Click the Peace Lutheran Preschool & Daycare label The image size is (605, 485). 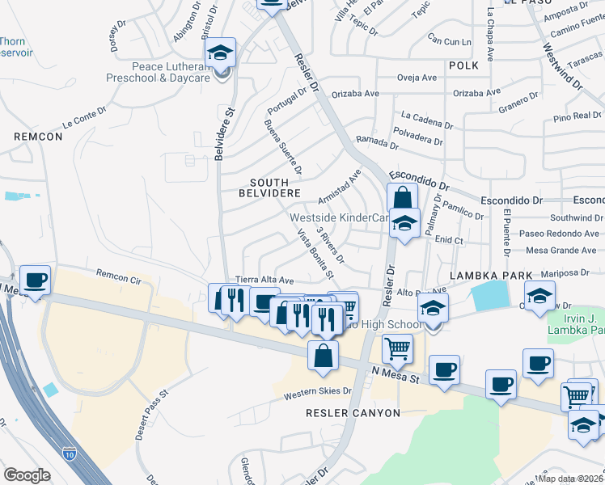point(159,72)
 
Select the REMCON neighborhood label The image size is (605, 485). point(38,137)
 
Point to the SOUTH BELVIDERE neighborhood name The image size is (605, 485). point(270,187)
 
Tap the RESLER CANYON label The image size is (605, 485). point(353,413)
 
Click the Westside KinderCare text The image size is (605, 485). point(341,217)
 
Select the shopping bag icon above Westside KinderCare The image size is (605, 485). point(402,198)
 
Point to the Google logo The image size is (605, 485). point(27,474)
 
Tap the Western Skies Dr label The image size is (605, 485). point(318,392)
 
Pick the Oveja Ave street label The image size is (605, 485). point(417,78)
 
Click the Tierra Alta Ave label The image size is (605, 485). point(262,279)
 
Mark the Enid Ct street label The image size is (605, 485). point(449,240)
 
